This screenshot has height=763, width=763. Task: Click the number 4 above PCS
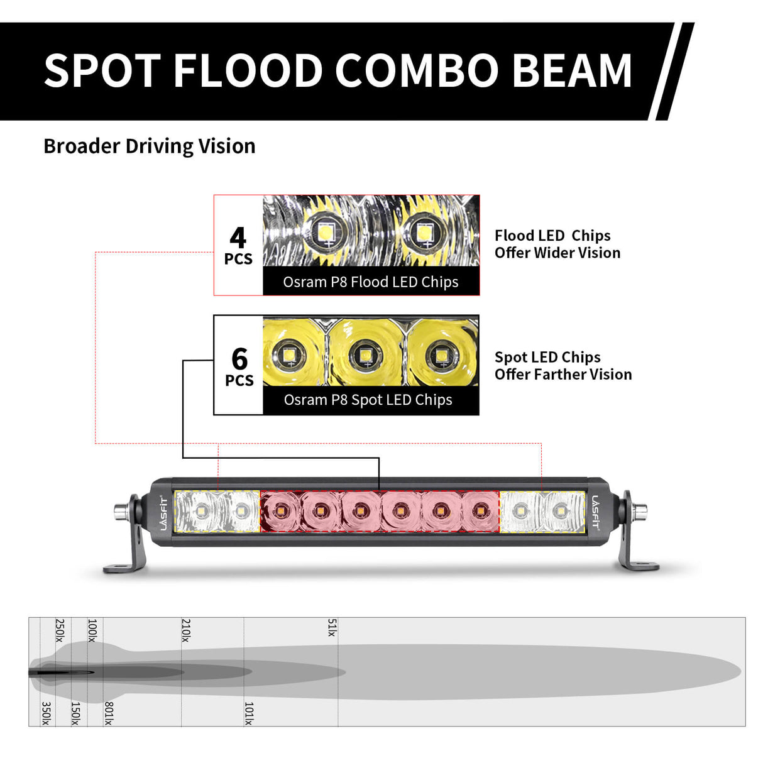tap(238, 238)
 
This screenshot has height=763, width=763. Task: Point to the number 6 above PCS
tap(239, 359)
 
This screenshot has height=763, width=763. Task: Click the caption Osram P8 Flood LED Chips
tap(370, 282)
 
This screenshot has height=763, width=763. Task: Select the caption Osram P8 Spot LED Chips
tap(368, 400)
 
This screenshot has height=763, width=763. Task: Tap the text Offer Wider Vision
tap(557, 253)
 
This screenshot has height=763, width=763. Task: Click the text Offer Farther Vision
tap(563, 375)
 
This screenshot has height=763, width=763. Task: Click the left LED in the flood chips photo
tap(326, 232)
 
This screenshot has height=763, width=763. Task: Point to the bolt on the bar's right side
tap(642, 511)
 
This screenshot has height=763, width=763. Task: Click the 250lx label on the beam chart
tap(60, 630)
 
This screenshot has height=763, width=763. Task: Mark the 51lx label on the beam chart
tap(332, 627)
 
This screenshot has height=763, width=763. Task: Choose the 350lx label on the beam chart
tap(46, 713)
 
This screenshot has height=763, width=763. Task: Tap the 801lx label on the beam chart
tap(108, 713)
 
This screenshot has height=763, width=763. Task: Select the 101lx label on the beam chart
tap(248, 713)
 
